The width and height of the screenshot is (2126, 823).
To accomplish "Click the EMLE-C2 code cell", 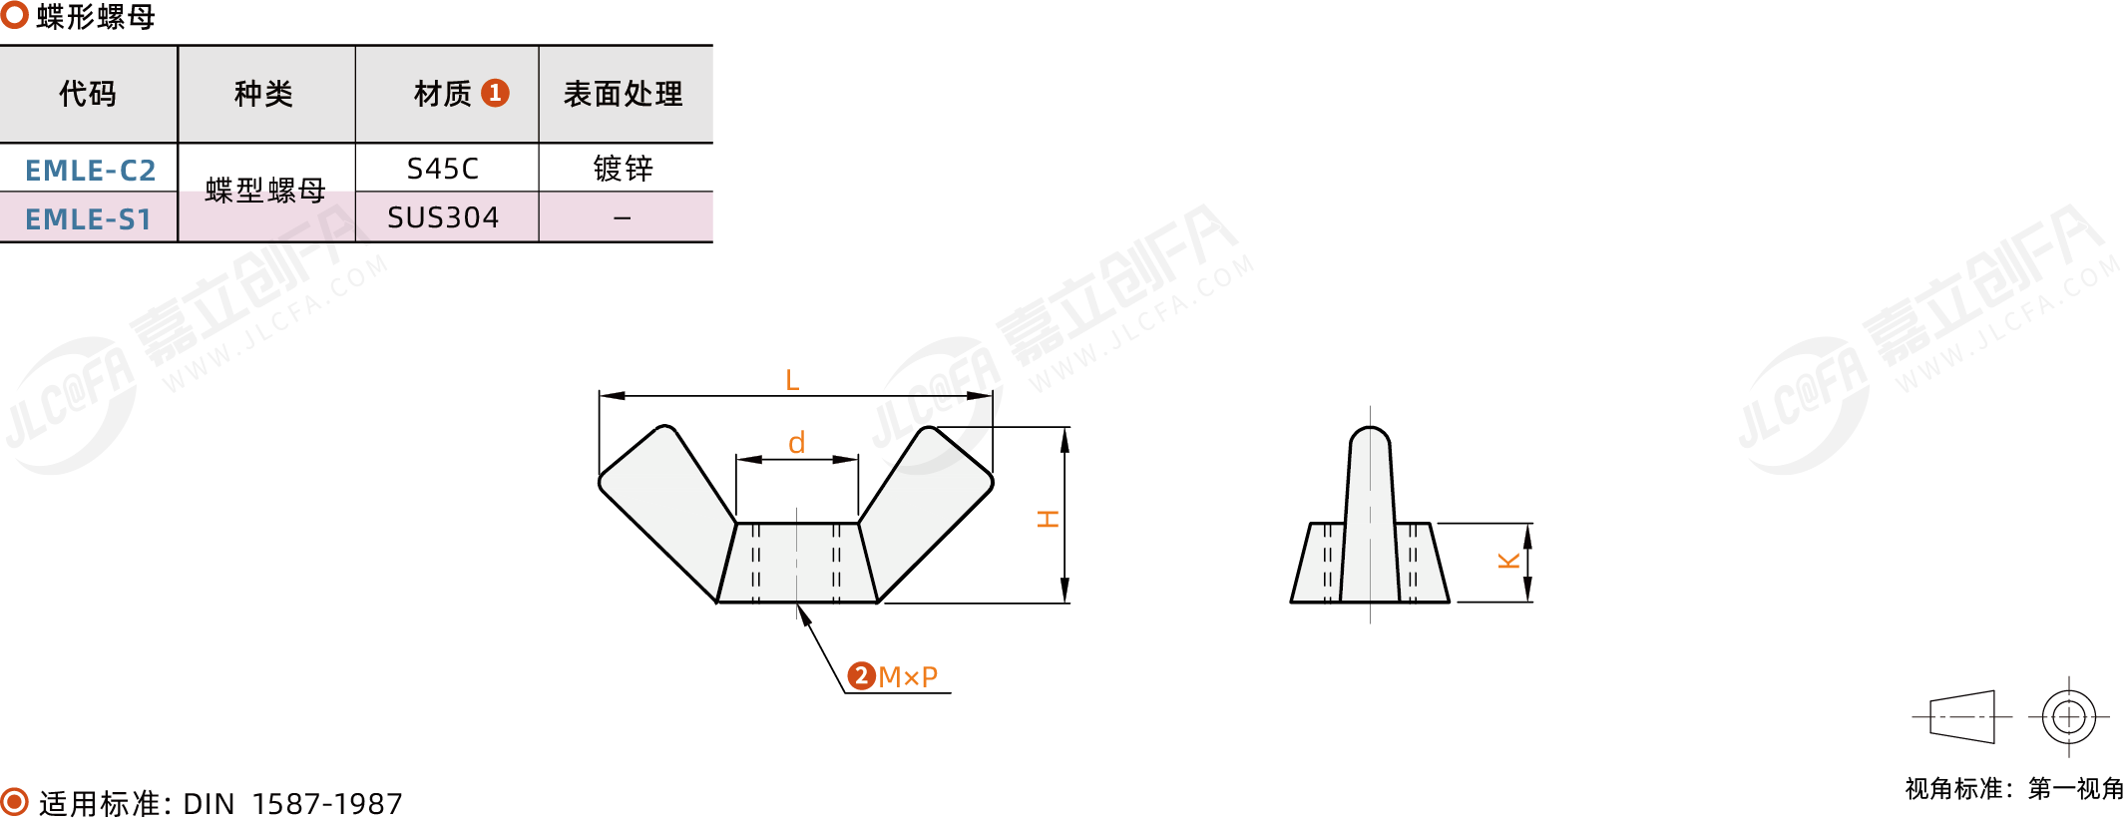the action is coord(90,170).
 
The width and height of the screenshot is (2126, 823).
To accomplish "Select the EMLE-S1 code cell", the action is coord(89,218).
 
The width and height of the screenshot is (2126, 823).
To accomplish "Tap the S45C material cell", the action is coord(443,169).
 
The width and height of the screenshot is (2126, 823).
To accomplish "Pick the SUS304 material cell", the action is coord(443,217).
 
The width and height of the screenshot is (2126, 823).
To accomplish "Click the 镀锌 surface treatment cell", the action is coord(624,169).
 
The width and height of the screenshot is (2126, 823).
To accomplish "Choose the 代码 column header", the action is coord(88,94).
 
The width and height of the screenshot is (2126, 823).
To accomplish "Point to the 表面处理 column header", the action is coord(624,94).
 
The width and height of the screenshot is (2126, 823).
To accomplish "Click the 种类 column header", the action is coord(264,94).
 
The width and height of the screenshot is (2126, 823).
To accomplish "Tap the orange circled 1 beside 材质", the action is coord(495,93).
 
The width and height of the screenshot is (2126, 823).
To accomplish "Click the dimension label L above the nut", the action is coord(792,380).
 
